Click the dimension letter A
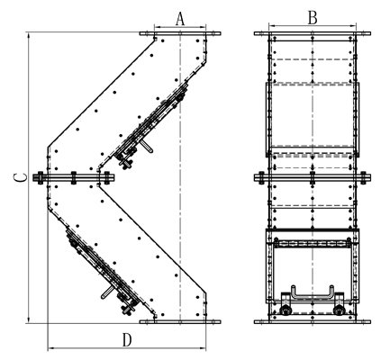pyautogui.click(x=180, y=19)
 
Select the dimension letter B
pyautogui.click(x=313, y=18)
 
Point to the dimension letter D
pyautogui.click(x=127, y=340)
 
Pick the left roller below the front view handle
pyautogui.click(x=285, y=310)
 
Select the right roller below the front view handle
pyautogui.click(x=339, y=310)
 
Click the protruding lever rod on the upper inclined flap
pyautogui.click(x=147, y=146)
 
